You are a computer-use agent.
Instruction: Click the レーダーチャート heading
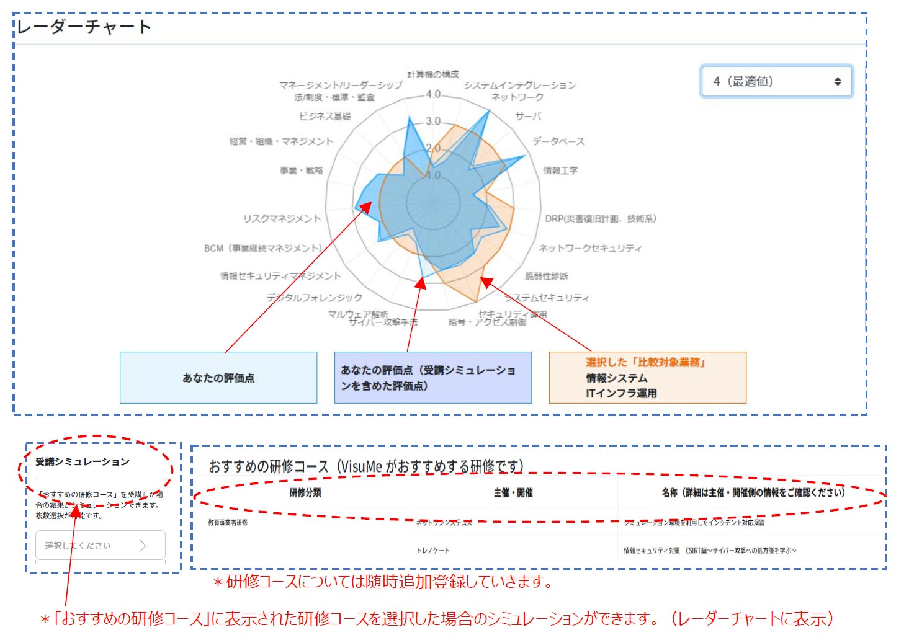(84, 27)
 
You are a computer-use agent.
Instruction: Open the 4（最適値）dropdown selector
(776, 81)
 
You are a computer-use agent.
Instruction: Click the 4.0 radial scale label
(433, 94)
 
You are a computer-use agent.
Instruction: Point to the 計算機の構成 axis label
(432, 74)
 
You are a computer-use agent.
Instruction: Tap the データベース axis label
(558, 141)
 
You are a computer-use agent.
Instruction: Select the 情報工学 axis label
(560, 171)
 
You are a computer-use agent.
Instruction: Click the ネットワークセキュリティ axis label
(590, 248)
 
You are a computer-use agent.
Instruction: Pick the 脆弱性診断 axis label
(546, 276)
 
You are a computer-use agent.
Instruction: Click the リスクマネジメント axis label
(282, 218)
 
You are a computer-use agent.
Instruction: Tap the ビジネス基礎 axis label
(325, 117)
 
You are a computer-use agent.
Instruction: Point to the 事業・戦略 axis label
(301, 171)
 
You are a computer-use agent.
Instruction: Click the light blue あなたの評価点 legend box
(218, 378)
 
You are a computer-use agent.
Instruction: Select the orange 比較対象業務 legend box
(647, 378)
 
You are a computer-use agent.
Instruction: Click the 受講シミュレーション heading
(83, 462)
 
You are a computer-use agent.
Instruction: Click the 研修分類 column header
(305, 493)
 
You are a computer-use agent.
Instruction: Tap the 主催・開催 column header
(513, 493)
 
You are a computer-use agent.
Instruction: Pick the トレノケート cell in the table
(433, 551)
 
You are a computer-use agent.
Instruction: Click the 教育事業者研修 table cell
(228, 523)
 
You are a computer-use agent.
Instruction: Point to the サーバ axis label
(528, 117)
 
